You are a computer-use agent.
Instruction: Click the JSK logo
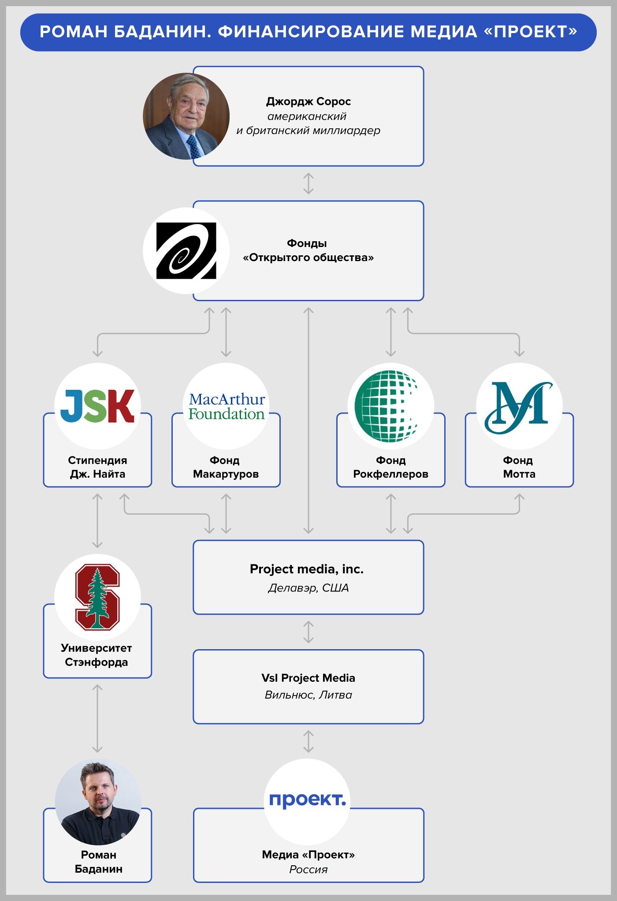pyautogui.click(x=97, y=406)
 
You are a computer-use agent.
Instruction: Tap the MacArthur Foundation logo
pyautogui.click(x=227, y=406)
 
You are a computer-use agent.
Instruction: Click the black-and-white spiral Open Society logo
pyautogui.click(x=186, y=250)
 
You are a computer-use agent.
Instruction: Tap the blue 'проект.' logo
pyautogui.click(x=307, y=800)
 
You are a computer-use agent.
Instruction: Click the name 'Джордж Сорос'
pyautogui.click(x=308, y=101)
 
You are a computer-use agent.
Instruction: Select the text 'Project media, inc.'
pyautogui.click(x=307, y=569)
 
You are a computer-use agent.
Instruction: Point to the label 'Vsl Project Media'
pyautogui.click(x=308, y=678)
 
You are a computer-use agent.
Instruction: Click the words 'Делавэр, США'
pyautogui.click(x=308, y=588)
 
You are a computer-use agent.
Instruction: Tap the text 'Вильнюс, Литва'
pyautogui.click(x=308, y=695)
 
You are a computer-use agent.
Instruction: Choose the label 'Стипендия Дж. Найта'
pyautogui.click(x=97, y=467)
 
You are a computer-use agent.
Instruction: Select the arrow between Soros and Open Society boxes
pyautogui.click(x=308, y=183)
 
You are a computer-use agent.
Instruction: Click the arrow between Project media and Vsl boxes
pyautogui.click(x=308, y=632)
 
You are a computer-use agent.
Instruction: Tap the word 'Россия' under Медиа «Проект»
pyautogui.click(x=308, y=869)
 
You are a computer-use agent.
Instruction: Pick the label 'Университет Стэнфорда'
pyautogui.click(x=97, y=655)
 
